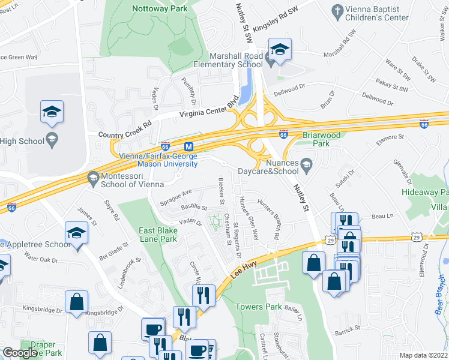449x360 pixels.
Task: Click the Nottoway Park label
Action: pyautogui.click(x=159, y=8)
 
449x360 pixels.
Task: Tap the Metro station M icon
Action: pyautogui.click(x=188, y=146)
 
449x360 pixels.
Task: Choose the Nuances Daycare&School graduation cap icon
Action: pyautogui.click(x=306, y=164)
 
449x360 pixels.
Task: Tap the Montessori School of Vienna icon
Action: pyautogui.click(x=93, y=178)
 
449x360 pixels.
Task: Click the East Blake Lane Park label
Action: pyautogui.click(x=158, y=235)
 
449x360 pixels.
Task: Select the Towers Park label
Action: pyautogui.click(x=258, y=307)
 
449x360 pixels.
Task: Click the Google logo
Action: pyautogui.click(x=20, y=353)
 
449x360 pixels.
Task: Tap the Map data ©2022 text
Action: pyautogui.click(x=424, y=355)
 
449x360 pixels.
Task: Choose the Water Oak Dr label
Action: pyautogui.click(x=40, y=260)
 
